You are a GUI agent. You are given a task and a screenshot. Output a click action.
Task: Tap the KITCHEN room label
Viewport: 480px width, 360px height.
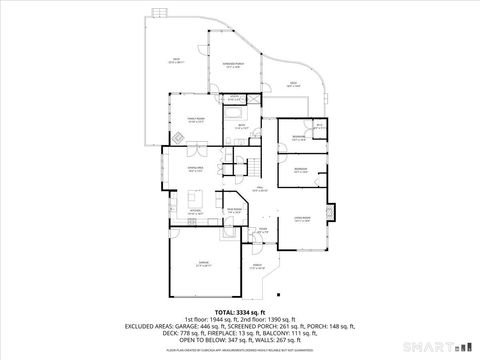[194, 211]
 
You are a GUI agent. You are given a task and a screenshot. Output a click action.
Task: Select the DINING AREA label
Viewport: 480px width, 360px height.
[196, 169]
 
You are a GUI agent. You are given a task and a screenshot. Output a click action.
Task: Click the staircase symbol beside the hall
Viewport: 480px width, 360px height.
[259, 166]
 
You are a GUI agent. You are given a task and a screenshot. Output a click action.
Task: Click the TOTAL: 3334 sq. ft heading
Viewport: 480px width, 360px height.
[239, 312]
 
